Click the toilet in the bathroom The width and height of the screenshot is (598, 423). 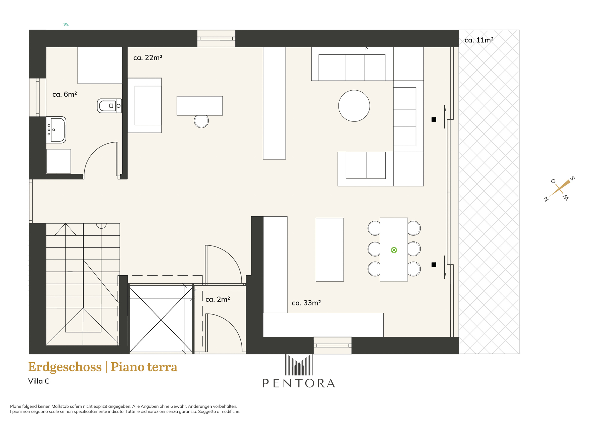coord(109,106)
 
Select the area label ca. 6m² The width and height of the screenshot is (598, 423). coord(65,95)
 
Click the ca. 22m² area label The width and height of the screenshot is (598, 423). coord(148,58)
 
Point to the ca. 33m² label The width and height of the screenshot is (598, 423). coord(306,303)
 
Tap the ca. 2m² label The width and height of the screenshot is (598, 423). coord(218,299)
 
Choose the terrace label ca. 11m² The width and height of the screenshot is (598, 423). coord(479,40)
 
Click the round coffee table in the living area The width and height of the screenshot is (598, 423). coord(354,106)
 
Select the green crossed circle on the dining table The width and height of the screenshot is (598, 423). coord(394,250)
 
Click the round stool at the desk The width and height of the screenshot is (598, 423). coord(201,121)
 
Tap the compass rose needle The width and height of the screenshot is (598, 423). coord(560,188)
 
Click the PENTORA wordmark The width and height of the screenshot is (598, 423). coord(299,383)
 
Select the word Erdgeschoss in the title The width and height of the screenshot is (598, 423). coord(65,367)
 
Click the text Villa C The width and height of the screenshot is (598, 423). coord(39,381)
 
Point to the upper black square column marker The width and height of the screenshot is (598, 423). coord(434,119)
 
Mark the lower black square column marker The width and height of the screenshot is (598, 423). coord(434,264)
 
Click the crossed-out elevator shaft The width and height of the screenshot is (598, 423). coord(161,319)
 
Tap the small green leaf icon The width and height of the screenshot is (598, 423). coord(66,25)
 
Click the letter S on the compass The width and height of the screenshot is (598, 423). coord(572,179)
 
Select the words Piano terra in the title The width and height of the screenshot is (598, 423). coord(144,367)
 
